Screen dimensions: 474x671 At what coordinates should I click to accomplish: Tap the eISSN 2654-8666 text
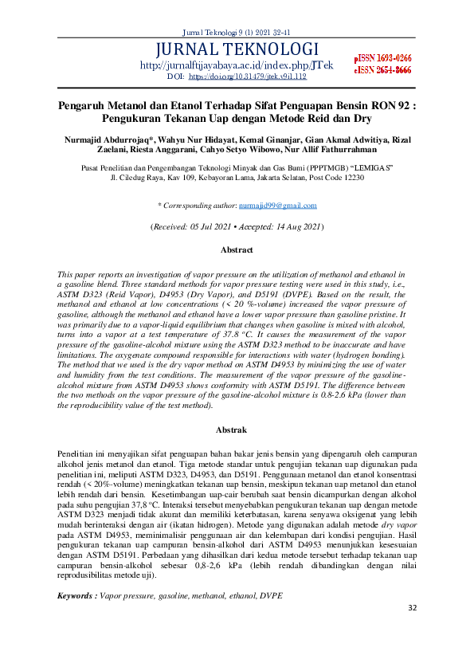(382, 70)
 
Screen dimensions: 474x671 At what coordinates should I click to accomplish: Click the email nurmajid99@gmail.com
(278, 206)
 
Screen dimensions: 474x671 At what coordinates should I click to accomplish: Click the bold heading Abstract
(237, 249)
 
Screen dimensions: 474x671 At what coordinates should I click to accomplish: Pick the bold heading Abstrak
(237, 430)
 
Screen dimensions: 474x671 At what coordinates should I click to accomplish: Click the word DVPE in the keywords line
(270, 595)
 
